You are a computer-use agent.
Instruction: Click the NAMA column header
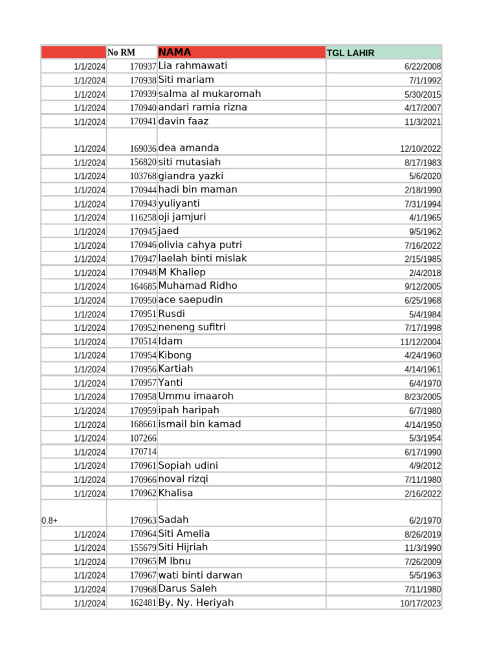click(x=175, y=52)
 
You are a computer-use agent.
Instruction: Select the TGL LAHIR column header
click(x=350, y=53)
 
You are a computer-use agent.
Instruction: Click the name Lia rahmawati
click(x=192, y=66)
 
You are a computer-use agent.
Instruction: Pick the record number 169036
click(x=142, y=149)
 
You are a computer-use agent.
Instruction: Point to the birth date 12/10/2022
click(x=420, y=149)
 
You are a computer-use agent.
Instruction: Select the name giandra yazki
click(x=191, y=176)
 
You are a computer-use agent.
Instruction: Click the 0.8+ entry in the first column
click(x=50, y=520)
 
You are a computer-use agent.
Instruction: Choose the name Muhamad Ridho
click(x=197, y=286)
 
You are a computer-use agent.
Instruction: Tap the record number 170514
click(x=142, y=341)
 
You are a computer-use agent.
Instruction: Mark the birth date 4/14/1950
click(x=423, y=425)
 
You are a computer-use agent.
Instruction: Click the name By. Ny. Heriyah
click(x=195, y=603)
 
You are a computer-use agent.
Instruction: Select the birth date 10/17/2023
click(x=420, y=603)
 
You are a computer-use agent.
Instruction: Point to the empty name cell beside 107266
click(x=241, y=438)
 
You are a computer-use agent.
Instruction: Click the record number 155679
click(x=142, y=548)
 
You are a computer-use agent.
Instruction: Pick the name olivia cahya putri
click(x=200, y=245)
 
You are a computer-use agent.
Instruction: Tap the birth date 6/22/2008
click(x=423, y=67)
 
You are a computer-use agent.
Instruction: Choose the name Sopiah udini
click(x=188, y=465)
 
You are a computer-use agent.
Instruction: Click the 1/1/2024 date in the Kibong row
click(x=89, y=356)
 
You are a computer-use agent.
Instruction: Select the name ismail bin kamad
click(x=199, y=424)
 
